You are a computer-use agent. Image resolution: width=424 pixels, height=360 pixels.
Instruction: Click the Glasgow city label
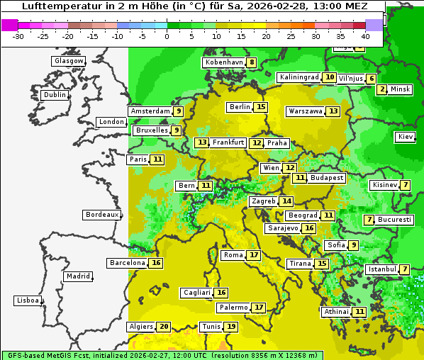tap(68, 61)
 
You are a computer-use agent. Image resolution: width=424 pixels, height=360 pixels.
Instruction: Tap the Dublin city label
tap(55, 95)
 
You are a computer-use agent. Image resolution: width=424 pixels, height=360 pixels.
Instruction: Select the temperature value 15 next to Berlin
tap(261, 107)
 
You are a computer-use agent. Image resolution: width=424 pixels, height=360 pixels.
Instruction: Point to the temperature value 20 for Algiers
tap(164, 327)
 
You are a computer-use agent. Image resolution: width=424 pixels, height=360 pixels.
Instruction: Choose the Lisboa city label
tap(27, 300)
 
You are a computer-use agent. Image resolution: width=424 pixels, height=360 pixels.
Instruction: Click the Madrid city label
tap(77, 276)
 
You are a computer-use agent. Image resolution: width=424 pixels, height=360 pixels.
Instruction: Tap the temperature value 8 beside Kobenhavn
tap(252, 62)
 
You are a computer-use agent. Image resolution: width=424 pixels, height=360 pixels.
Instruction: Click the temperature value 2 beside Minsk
tap(382, 89)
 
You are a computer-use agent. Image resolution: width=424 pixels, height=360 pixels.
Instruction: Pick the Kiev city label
tap(406, 137)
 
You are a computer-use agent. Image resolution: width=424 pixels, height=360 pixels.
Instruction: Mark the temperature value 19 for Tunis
tap(231, 327)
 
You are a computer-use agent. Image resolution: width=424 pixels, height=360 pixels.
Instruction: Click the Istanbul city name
tap(382, 269)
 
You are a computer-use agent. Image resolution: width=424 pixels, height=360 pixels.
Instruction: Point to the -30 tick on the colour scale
tap(18, 36)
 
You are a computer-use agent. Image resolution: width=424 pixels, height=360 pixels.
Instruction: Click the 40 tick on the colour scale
tap(365, 36)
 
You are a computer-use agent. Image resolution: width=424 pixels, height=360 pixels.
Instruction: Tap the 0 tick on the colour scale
tap(167, 36)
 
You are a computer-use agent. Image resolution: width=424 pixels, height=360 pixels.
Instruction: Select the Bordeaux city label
tap(101, 215)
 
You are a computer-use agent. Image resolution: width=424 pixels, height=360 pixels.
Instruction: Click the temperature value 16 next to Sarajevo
tap(308, 228)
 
